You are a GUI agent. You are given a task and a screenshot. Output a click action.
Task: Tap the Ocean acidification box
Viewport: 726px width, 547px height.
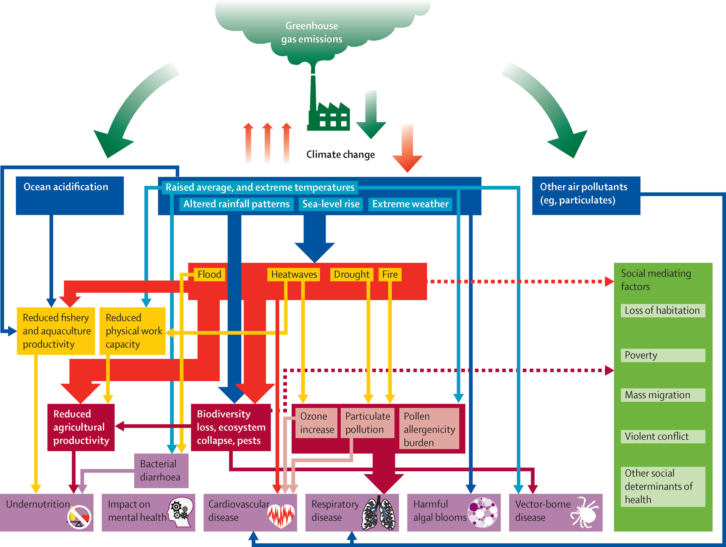pyautogui.click(x=70, y=196)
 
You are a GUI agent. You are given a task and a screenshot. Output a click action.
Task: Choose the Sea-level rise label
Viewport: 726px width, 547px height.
pyautogui.click(x=331, y=204)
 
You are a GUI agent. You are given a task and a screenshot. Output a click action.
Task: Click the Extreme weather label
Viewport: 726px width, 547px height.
pyautogui.click(x=410, y=204)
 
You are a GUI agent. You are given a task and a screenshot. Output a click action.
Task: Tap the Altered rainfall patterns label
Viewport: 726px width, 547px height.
pyautogui.click(x=236, y=204)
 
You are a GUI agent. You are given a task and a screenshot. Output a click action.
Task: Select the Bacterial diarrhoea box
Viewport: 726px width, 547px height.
pyautogui.click(x=161, y=471)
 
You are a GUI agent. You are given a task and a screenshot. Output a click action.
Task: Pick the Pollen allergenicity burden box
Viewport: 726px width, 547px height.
pyautogui.click(x=429, y=429)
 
